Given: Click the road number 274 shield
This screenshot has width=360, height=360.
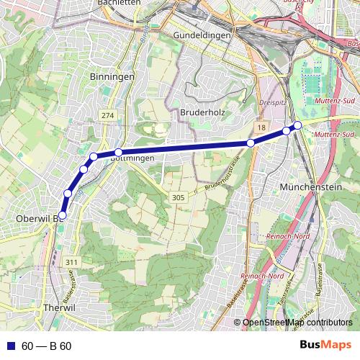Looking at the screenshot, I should coord(108,115).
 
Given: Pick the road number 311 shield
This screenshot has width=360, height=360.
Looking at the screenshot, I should coord(70,262).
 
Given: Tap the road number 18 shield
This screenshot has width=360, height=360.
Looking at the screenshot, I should coord(261,127).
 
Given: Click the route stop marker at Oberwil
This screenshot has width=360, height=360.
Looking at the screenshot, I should coord(62,215).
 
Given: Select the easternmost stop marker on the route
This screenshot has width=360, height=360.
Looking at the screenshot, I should coord(297,126).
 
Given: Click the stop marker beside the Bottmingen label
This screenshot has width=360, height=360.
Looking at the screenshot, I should coord(118,152).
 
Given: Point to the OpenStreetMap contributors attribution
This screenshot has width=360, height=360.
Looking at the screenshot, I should coord(297,323).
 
